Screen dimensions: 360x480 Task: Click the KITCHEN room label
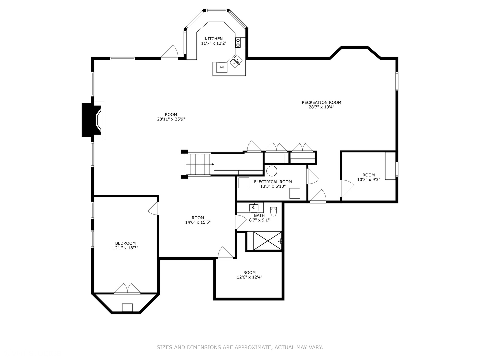coord(214,39)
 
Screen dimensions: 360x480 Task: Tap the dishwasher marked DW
coord(222,67)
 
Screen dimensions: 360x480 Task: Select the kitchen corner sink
coord(236,61)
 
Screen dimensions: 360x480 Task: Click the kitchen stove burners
coord(238,42)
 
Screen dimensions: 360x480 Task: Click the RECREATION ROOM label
coord(321,102)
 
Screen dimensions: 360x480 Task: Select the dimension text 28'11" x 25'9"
coord(171,119)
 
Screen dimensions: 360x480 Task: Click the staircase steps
coord(198,164)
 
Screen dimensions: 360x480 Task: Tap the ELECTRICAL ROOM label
coord(273,182)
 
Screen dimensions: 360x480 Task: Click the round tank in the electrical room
coord(272,171)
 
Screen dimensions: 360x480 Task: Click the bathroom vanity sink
coord(254,208)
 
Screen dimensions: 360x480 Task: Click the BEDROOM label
coord(125,243)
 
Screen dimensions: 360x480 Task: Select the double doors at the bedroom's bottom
coord(127,289)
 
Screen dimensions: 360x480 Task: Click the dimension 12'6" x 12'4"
coord(249,277)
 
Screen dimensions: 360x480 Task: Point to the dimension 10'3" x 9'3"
coord(368,179)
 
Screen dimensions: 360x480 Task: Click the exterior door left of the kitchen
coord(170,53)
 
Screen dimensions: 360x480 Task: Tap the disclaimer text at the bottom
coord(240,347)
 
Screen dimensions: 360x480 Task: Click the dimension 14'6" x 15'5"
coord(198,222)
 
